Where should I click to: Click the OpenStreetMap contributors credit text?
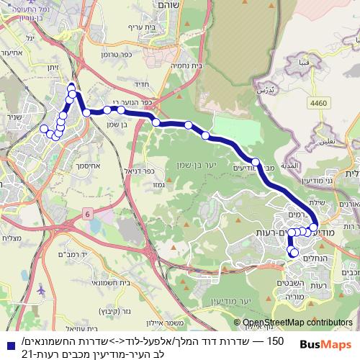click(299, 323)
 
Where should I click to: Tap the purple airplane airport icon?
click(42, 289)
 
